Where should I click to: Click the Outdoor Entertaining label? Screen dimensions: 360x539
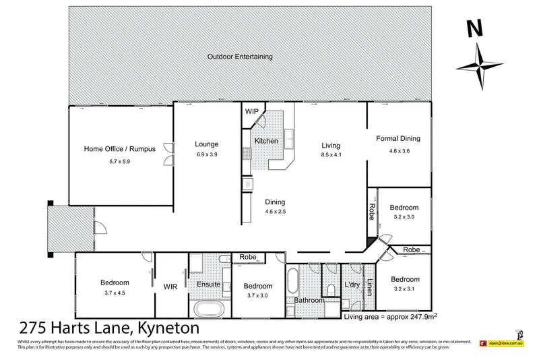[241, 57]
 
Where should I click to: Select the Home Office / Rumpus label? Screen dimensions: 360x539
[119, 149]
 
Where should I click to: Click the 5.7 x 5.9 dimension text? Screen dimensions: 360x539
[119, 162]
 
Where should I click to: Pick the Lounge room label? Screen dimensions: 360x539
[207, 144]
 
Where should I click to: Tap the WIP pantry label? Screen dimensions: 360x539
[252, 111]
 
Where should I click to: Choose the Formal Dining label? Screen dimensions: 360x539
[398, 139]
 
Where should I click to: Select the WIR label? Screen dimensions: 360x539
[170, 286]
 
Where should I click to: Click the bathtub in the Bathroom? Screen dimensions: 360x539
[291, 283]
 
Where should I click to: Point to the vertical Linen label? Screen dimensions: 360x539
[369, 287]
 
